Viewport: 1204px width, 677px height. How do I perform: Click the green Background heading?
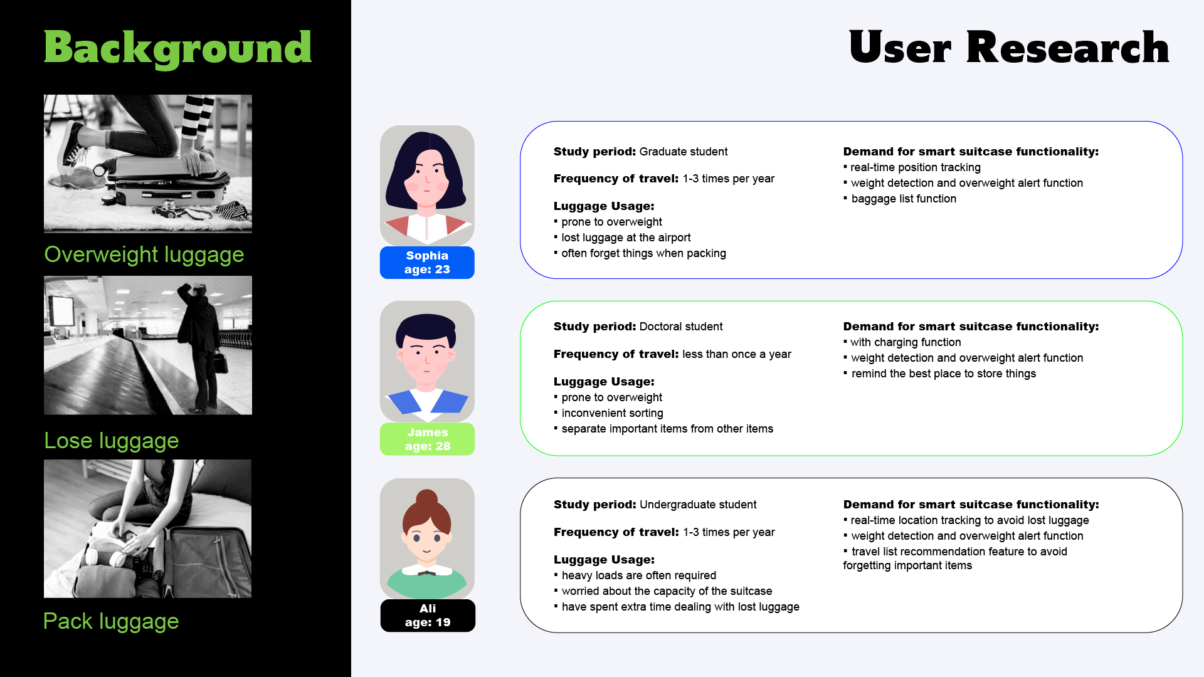point(177,48)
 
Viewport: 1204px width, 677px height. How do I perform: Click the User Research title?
point(1009,48)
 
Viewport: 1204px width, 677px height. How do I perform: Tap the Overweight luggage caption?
point(144,255)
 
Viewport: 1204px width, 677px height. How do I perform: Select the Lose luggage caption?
point(111,441)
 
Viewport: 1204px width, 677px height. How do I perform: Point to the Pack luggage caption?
point(111,621)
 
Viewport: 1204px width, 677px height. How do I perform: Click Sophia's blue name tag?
point(427,263)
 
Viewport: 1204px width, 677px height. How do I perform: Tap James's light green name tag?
point(427,439)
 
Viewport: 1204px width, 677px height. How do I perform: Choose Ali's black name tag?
point(428,616)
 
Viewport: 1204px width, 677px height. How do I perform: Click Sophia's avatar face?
point(427,179)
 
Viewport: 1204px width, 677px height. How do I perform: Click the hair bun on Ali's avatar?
point(427,498)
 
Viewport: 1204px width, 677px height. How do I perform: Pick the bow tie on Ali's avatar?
point(427,572)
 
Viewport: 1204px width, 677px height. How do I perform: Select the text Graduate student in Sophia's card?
point(684,152)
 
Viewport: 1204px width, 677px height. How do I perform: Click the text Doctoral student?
point(681,327)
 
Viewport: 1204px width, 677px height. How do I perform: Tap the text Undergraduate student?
point(698,505)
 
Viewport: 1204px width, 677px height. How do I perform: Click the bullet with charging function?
point(902,342)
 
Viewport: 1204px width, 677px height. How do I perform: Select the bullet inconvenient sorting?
point(609,413)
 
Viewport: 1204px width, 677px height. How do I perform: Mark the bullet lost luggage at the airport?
point(622,238)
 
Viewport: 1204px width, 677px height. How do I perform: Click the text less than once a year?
point(737,354)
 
